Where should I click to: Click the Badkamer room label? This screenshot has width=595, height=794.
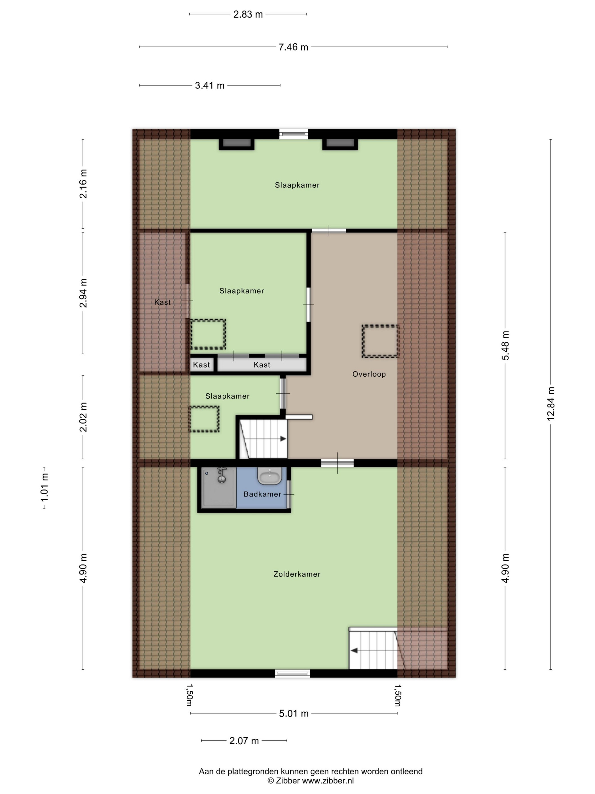(x=262, y=494)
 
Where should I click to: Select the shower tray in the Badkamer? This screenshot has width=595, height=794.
(x=219, y=487)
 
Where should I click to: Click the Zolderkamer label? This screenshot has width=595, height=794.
(x=297, y=574)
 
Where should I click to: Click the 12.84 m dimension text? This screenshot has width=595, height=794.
(x=551, y=404)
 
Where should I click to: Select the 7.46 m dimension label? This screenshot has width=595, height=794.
(x=293, y=47)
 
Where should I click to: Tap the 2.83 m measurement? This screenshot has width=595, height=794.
(x=248, y=14)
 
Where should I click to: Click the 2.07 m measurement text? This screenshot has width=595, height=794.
(x=244, y=740)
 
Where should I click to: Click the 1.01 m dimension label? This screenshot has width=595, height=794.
(x=44, y=488)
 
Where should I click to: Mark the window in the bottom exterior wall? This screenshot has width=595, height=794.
(x=292, y=673)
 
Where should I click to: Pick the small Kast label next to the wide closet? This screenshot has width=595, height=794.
(x=201, y=365)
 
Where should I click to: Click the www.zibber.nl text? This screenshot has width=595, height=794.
(x=328, y=780)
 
